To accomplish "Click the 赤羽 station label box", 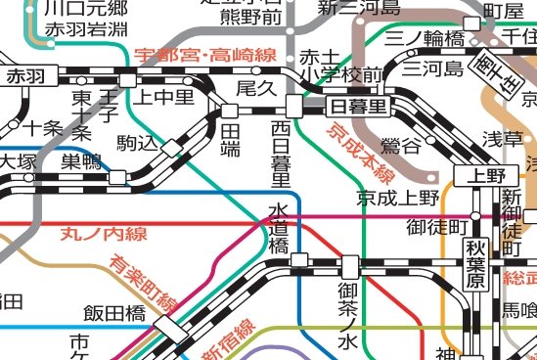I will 26,75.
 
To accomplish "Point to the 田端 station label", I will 231,139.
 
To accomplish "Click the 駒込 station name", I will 136,143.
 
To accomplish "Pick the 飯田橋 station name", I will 113,314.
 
